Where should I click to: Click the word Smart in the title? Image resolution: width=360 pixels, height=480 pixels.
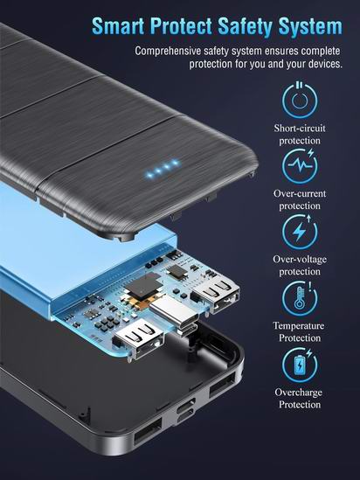[118, 26]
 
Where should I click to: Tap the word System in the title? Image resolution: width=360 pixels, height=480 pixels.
[310, 26]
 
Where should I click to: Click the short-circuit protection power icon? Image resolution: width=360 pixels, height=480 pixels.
[300, 100]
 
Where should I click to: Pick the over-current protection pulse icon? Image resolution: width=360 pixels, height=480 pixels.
[300, 166]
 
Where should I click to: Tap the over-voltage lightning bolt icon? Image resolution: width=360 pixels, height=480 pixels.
[300, 232]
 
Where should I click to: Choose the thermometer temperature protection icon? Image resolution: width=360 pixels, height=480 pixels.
[300, 298]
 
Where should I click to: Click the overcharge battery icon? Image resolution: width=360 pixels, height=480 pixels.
[300, 365]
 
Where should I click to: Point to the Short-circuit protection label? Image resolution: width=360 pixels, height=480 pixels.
[300, 134]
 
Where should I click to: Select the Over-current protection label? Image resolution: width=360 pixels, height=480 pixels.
[300, 199]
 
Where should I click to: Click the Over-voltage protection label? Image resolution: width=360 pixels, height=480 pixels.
[300, 265]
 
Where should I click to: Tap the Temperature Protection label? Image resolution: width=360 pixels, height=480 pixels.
[299, 331]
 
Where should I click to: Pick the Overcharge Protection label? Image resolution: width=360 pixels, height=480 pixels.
[299, 398]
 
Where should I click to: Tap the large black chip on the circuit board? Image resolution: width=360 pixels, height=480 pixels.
[144, 287]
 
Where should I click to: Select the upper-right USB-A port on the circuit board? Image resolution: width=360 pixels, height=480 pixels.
[216, 294]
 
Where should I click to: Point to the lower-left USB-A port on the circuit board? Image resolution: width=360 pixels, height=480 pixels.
[139, 338]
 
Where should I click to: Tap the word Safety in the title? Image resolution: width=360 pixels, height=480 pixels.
[245, 26]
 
